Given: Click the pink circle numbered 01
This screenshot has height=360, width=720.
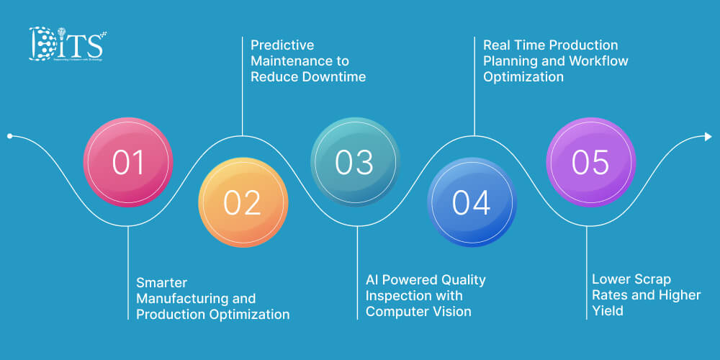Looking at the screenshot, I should [x=128, y=163].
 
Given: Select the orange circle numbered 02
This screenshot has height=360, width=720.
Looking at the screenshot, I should [x=243, y=202].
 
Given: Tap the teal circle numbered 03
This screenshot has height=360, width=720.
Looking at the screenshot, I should [x=354, y=162].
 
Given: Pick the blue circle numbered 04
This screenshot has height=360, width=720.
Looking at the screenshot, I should [x=472, y=202].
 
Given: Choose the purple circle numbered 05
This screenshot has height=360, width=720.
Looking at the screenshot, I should [x=590, y=162].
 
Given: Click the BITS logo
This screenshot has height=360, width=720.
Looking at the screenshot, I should [x=66, y=45].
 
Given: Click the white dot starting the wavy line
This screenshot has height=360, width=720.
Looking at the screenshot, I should [x=9, y=135].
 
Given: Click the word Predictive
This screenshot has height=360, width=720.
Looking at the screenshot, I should [x=282, y=45].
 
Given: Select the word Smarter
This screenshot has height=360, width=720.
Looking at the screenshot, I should [x=162, y=282].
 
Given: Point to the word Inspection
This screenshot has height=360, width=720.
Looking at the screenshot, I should [x=397, y=295].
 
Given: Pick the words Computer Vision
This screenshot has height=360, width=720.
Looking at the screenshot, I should [x=418, y=312].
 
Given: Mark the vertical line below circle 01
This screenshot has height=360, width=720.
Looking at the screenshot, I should [x=128, y=274].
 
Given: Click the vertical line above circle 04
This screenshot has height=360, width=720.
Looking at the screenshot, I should [x=474, y=86].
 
